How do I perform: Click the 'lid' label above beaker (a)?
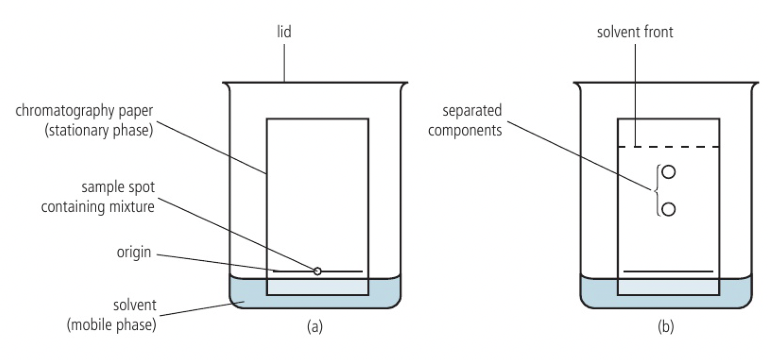(284, 32)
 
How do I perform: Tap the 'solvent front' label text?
(635, 32)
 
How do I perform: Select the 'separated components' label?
(465, 121)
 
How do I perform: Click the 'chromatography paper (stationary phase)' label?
(85, 121)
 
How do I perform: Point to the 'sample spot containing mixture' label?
(98, 197)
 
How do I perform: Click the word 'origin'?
(134, 252)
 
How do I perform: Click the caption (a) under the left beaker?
(315, 326)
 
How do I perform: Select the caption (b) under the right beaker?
(665, 326)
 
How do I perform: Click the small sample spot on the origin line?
(317, 271)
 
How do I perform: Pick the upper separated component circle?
(669, 172)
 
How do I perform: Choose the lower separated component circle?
(669, 209)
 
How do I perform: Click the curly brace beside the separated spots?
(657, 190)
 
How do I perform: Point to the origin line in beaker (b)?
(668, 271)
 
